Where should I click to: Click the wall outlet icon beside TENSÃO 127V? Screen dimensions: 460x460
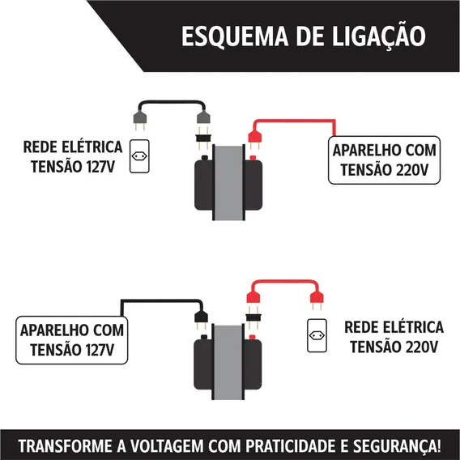[x=139, y=156]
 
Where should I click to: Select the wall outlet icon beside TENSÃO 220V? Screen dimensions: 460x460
[x=317, y=335]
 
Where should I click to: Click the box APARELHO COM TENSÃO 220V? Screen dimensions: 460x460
[x=384, y=160]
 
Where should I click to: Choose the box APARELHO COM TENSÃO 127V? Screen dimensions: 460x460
[x=72, y=340]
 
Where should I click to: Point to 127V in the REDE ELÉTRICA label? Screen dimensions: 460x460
[x=100, y=167]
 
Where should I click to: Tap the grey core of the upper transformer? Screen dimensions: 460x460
[x=229, y=182]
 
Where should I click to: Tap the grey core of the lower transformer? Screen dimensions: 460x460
[x=228, y=362]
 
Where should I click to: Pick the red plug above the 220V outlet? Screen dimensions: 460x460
[x=317, y=299]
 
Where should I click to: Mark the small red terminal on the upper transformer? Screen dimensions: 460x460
[x=253, y=158]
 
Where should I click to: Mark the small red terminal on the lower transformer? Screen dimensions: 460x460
[x=252, y=337]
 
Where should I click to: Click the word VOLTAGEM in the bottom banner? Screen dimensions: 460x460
[x=167, y=446]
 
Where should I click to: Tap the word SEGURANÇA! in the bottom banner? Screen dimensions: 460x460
[x=397, y=446]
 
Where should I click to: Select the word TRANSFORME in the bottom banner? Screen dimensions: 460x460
[x=66, y=446]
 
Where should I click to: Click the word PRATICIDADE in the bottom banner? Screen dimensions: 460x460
[x=291, y=446]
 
